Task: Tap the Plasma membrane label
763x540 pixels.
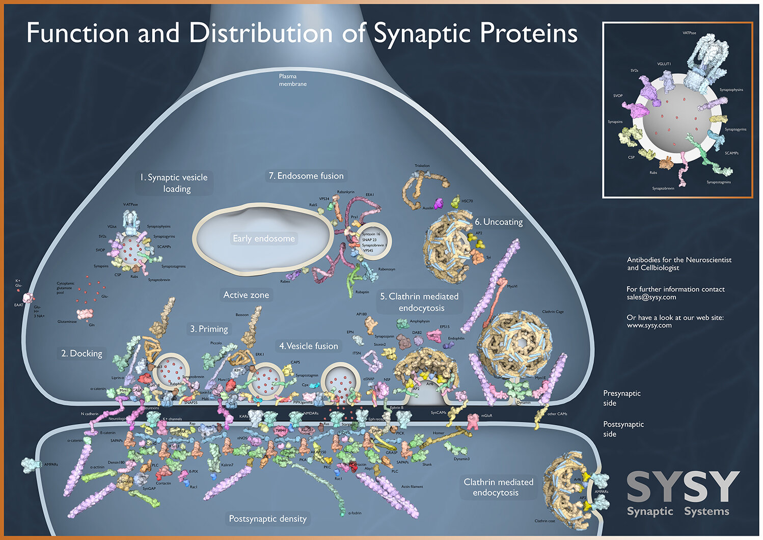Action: pos(292,80)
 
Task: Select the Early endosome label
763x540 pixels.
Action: pos(264,238)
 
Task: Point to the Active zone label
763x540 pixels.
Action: pos(246,295)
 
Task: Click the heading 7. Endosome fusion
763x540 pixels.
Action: pos(306,176)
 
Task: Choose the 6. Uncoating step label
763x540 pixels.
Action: pos(499,222)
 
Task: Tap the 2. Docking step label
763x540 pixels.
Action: pos(81,354)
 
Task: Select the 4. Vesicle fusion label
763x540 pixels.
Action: pos(309,346)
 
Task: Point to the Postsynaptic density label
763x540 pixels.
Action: pos(267,519)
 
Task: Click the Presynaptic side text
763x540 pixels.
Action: pos(622,398)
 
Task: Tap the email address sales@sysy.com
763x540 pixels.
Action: pos(651,297)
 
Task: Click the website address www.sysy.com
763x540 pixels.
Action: pos(649,325)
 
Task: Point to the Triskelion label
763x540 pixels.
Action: pos(422,166)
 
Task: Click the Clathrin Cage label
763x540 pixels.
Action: pos(553,312)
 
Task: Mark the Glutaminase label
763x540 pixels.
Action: pos(67,321)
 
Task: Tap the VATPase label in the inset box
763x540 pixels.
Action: pos(689,33)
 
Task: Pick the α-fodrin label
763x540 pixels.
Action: pos(355,513)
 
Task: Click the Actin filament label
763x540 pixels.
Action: pos(412,487)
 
